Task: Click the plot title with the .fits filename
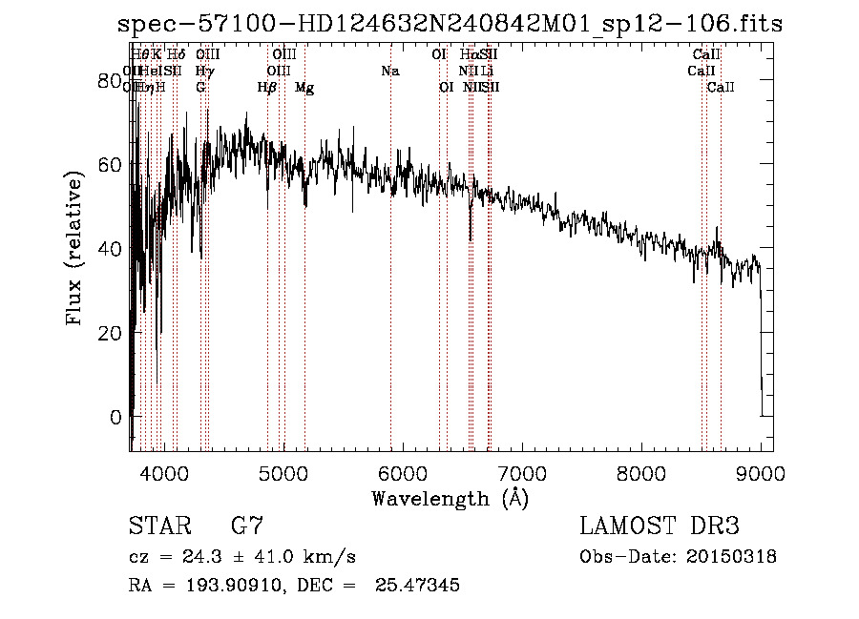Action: pyautogui.click(x=449, y=24)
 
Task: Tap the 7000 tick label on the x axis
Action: pyautogui.click(x=522, y=471)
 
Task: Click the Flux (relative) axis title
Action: pyautogui.click(x=75, y=248)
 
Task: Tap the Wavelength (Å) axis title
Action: pyautogui.click(x=450, y=498)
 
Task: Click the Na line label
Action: pyautogui.click(x=389, y=72)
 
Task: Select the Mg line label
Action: pyautogui.click(x=304, y=88)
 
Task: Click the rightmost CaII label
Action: pyautogui.click(x=721, y=88)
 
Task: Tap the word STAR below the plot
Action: pyautogui.click(x=157, y=526)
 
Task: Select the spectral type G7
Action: pyautogui.click(x=247, y=526)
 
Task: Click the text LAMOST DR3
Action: pyautogui.click(x=660, y=526)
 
